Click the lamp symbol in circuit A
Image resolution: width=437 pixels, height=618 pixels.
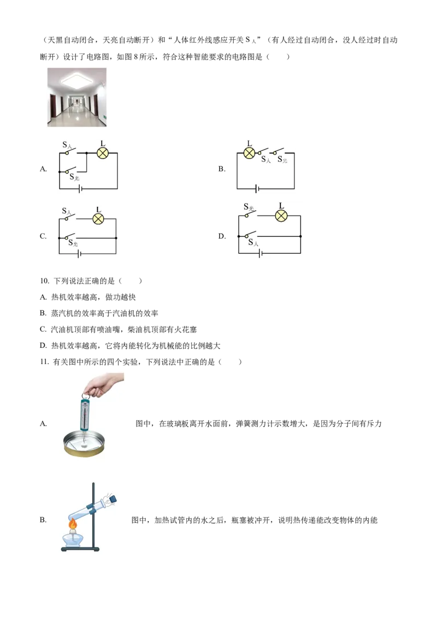103,153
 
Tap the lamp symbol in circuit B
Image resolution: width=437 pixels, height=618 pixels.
249,153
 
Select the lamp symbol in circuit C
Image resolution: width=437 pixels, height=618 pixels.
98,219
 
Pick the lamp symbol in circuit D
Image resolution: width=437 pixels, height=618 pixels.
281,216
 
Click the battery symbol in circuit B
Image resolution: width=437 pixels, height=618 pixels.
257,189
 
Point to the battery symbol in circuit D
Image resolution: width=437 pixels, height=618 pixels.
260,253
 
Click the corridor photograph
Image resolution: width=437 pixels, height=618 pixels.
77,97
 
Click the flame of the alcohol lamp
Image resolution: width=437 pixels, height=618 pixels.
73,524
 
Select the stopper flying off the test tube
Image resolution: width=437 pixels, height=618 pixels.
113,498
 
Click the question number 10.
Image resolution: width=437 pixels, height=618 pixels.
44,281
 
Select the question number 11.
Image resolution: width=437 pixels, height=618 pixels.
44,362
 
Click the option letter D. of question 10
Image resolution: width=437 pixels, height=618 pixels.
43,346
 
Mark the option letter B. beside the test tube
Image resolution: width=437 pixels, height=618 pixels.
43,520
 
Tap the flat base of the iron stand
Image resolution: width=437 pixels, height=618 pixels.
80,549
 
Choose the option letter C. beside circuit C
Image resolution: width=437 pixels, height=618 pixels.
43,236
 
